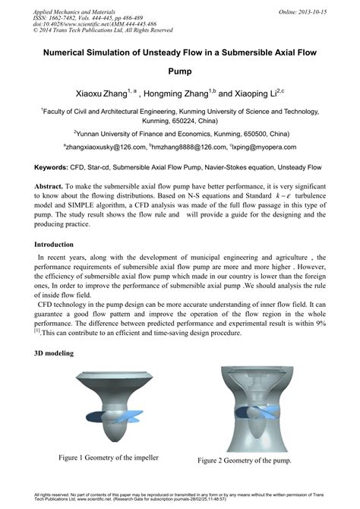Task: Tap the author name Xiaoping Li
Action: click(256, 95)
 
